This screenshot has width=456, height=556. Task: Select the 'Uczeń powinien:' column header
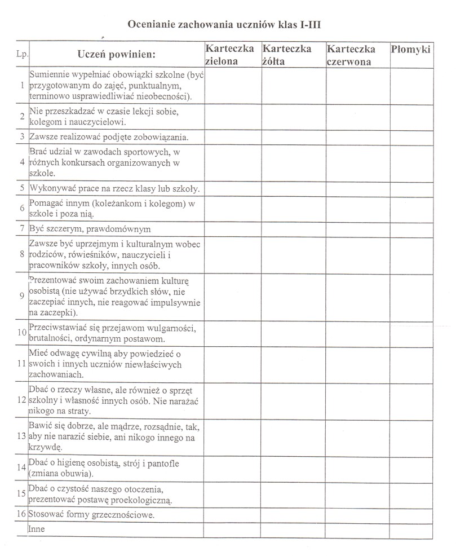tap(116, 55)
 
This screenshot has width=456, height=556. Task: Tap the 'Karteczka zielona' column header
tap(229, 55)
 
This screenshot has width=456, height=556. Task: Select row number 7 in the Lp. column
tap(21, 230)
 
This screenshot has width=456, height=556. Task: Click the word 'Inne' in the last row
tap(36, 529)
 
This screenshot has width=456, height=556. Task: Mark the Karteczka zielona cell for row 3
tap(232, 136)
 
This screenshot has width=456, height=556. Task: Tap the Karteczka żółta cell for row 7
tap(293, 230)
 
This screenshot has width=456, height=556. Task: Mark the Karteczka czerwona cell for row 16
tap(357, 515)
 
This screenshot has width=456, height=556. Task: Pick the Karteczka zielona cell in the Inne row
tap(232, 529)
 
